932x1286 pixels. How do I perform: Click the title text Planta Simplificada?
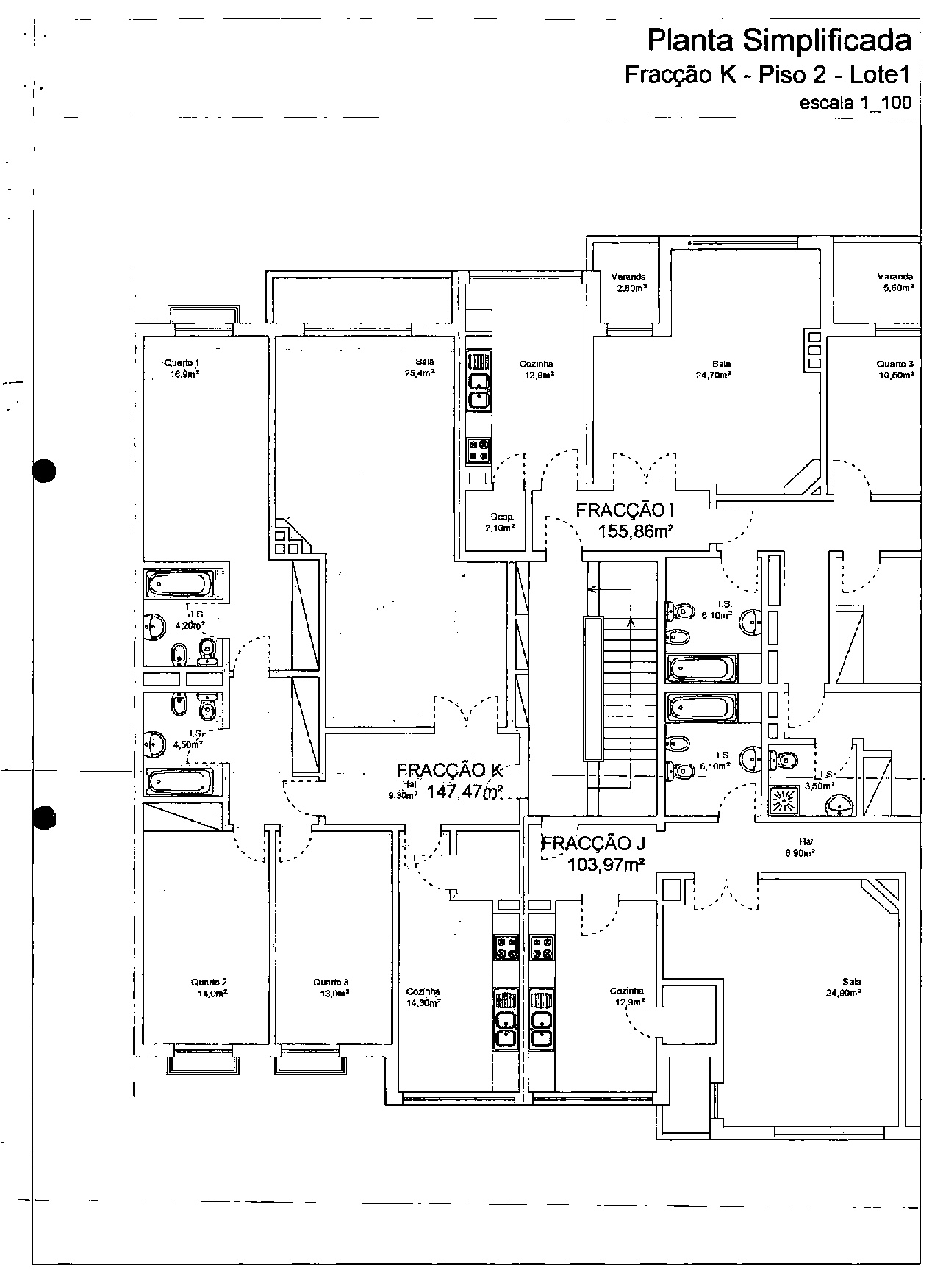[x=778, y=40]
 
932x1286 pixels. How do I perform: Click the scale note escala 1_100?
[x=855, y=103]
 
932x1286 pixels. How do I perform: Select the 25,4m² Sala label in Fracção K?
[x=424, y=367]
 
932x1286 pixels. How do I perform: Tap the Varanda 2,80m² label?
[x=628, y=282]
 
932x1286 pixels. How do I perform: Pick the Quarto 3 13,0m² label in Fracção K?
[x=330, y=987]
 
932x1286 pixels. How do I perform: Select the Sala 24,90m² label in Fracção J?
[x=842, y=986]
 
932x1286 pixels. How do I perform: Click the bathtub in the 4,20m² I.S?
[x=181, y=585]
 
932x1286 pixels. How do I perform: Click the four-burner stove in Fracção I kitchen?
[x=478, y=450]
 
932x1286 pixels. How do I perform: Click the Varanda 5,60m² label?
[x=895, y=282]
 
